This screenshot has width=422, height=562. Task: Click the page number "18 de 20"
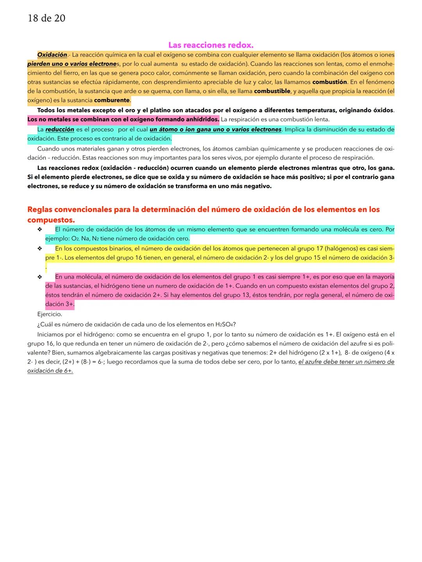tap(46, 18)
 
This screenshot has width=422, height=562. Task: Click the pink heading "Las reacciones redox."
tap(211, 45)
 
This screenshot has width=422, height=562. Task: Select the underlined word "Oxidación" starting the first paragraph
tap(52, 55)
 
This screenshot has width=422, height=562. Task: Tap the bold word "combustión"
tap(329, 82)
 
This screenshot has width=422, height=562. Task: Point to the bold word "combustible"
tap(272, 91)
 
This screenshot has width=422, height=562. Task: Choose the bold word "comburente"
tap(112, 100)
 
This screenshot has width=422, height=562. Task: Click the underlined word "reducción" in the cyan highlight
tap(60, 129)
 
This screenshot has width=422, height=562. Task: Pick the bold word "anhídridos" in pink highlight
tap(199, 119)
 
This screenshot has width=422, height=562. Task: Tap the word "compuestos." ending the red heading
tap(51, 220)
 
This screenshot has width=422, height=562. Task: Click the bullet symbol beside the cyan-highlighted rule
tap(39, 230)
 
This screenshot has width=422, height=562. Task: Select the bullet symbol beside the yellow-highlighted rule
tap(39, 248)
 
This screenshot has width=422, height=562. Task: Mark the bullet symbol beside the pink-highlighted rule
tap(39, 277)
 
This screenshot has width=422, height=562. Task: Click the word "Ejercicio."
tap(50, 314)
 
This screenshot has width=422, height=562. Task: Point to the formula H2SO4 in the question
tap(225, 325)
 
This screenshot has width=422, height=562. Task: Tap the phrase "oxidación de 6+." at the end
tap(50, 371)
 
